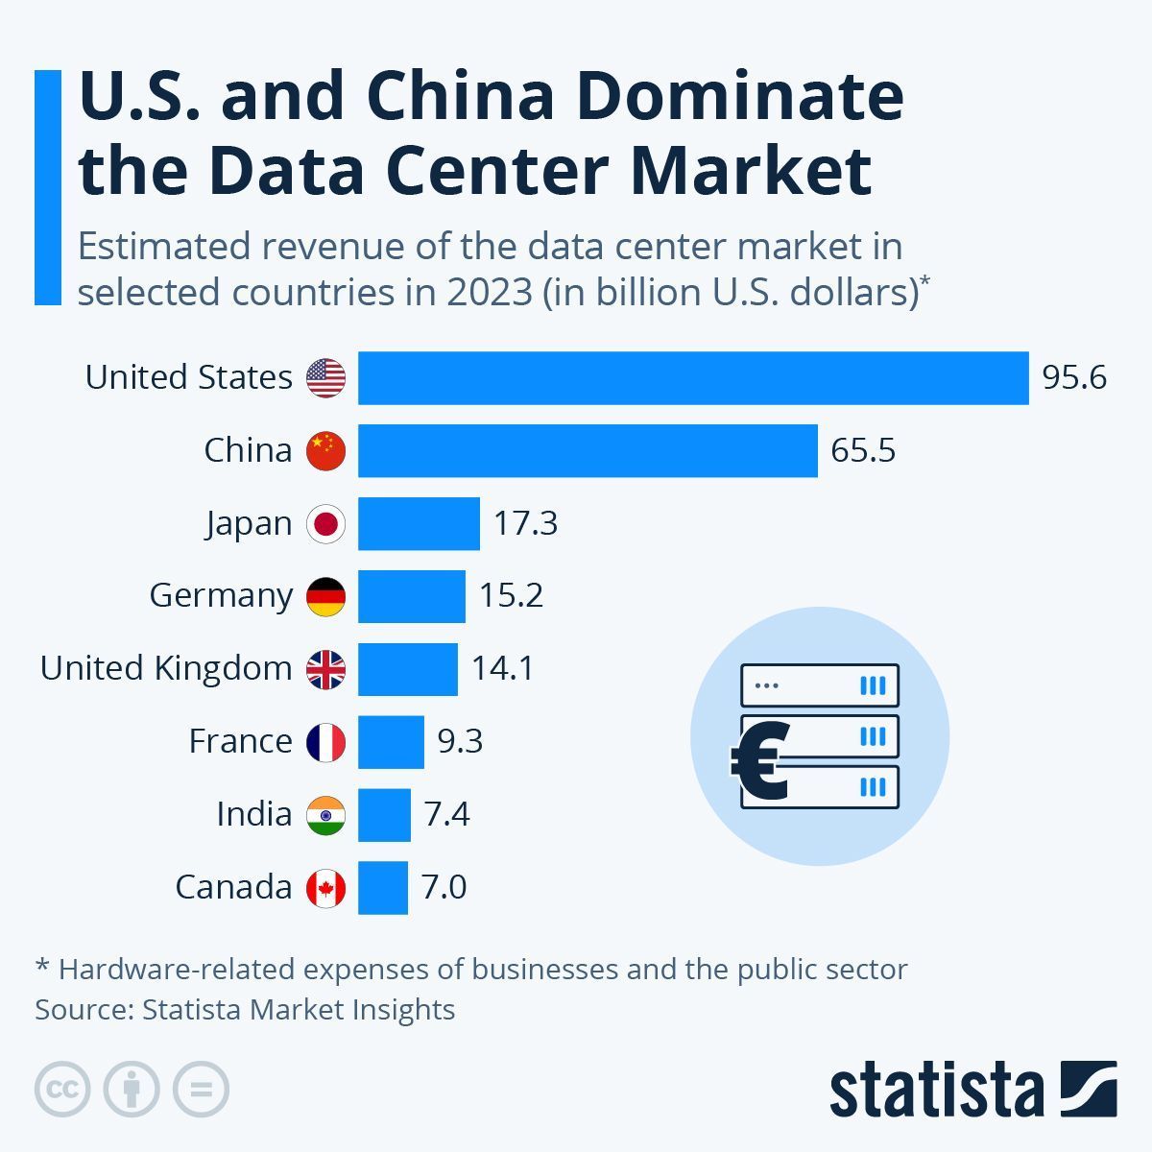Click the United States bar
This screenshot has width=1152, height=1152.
point(693,378)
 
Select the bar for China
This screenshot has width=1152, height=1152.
point(588,451)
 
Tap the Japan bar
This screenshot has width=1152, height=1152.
point(419,524)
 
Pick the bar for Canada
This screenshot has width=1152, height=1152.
point(383,888)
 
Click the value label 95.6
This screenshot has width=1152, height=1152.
point(1074,378)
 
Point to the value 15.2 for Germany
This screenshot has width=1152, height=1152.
point(511,595)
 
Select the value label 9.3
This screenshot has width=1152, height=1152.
point(460,741)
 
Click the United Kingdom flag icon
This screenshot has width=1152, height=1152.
point(325,669)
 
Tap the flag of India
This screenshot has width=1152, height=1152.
point(325,815)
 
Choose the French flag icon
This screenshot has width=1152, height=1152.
point(325,742)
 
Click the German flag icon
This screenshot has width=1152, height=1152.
point(325,596)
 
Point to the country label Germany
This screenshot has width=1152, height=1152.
point(221,596)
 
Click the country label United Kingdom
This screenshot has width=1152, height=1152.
point(166,668)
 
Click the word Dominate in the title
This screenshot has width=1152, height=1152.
point(739,96)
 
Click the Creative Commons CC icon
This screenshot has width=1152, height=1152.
point(62,1090)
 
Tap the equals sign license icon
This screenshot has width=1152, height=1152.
point(201,1090)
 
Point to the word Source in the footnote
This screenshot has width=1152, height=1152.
point(84,1010)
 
